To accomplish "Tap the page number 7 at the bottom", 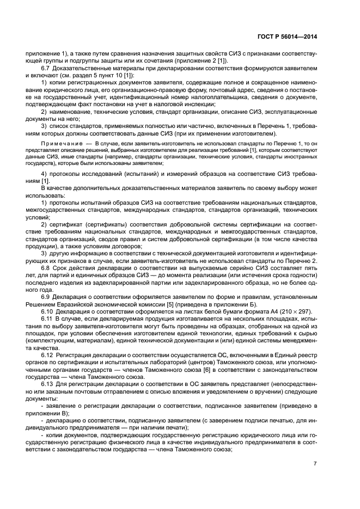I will (315, 464).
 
